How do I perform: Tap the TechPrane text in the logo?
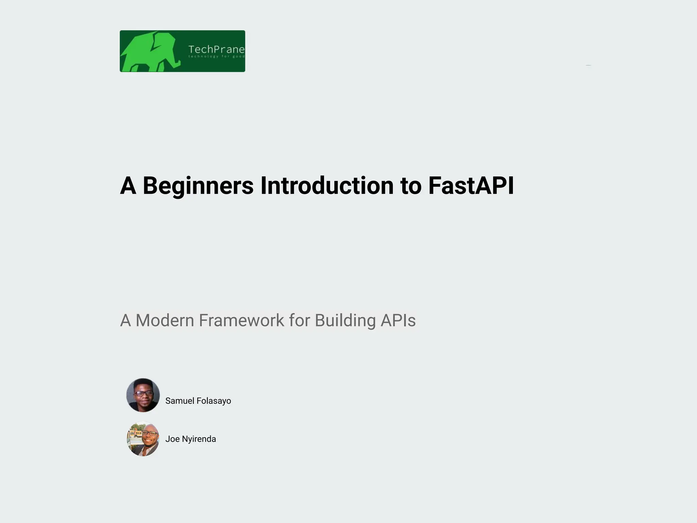coord(216,49)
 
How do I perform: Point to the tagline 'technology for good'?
coord(216,57)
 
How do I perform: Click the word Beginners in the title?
coord(198,186)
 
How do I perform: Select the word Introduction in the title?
coord(327,186)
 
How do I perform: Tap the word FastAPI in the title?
coord(471,186)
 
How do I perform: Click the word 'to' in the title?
coord(411,186)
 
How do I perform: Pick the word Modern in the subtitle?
coord(165,320)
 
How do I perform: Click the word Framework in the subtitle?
coord(241,320)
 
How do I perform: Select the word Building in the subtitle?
coord(345,320)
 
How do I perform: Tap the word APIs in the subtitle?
coord(398,320)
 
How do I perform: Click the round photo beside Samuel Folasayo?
coord(143,395)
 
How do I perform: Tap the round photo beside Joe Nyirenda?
coord(143,439)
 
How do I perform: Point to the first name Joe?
coord(173,439)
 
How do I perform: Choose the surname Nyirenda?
coord(199,439)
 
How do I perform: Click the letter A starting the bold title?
coord(128,186)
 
